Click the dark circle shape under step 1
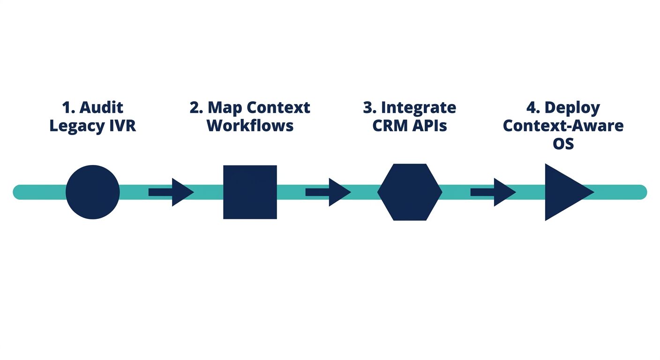click(x=93, y=192)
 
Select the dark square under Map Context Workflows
click(x=250, y=192)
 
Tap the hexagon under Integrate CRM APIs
click(x=410, y=192)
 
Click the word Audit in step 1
click(x=101, y=107)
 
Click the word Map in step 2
click(x=225, y=107)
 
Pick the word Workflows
click(x=250, y=126)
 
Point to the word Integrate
click(x=418, y=107)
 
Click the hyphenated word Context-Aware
click(x=563, y=126)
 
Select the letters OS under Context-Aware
click(x=563, y=144)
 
